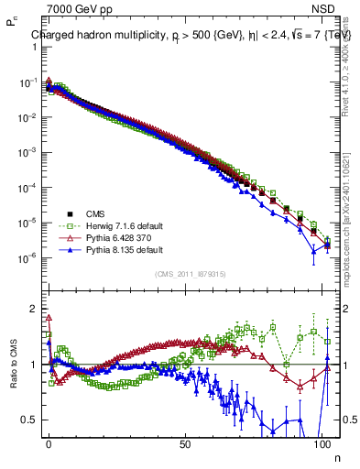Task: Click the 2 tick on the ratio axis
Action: pyautogui.click(x=35, y=309)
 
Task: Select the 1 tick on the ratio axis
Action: pyautogui.click(x=35, y=365)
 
